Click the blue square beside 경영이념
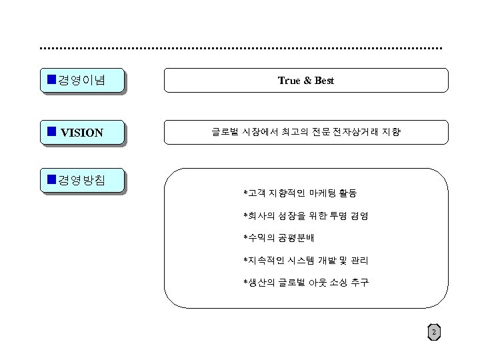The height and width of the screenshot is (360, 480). pos(51,80)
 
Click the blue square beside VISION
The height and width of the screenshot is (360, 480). pos(51,131)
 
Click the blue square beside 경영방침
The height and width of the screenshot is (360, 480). pos(51,179)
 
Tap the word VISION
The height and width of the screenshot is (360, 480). pos(82,133)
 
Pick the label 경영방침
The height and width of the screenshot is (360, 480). pos(81,179)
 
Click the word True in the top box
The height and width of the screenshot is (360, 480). pos(289,81)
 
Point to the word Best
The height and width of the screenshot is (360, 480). pos(324,81)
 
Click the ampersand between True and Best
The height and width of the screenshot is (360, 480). pos(307,81)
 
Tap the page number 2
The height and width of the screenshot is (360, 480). pos(434,333)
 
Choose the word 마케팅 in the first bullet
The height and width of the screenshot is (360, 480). pos(313,194)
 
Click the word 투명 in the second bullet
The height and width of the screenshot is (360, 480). pos(335,216)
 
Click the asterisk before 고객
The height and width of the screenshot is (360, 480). pos(245,194)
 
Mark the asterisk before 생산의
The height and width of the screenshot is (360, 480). pos(245,282)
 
